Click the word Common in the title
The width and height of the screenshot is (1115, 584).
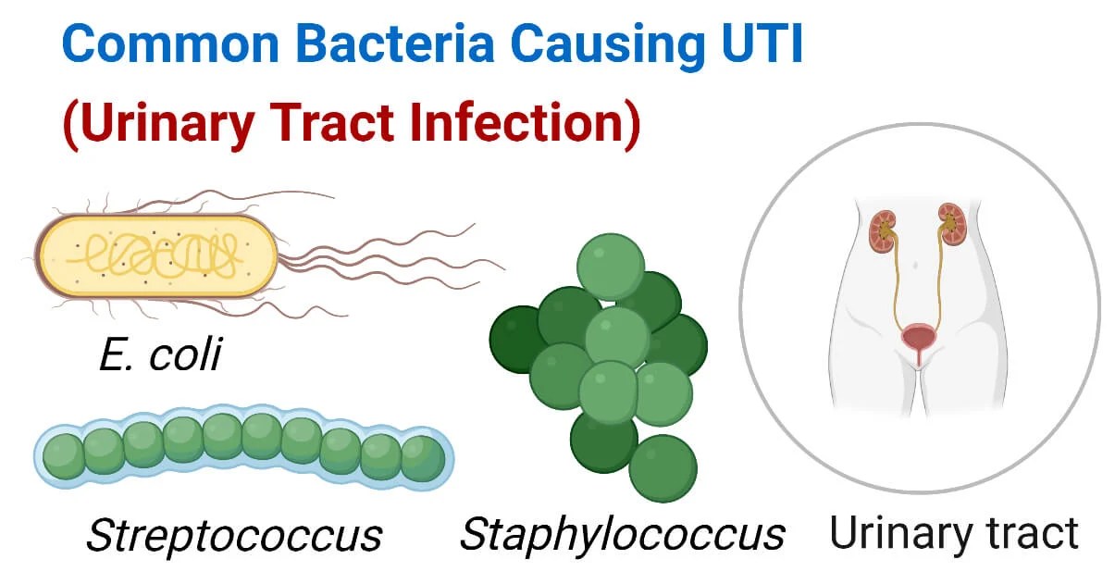tap(170, 44)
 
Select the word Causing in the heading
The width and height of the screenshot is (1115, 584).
tap(608, 48)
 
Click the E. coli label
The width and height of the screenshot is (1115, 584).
tap(161, 354)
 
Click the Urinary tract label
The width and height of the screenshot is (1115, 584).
tap(954, 535)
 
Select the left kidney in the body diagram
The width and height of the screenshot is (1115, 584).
tap(883, 231)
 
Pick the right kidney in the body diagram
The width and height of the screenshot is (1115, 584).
tap(952, 224)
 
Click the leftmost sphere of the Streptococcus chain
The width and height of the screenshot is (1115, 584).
tap(64, 456)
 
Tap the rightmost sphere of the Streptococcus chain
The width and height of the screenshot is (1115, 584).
tap(423, 458)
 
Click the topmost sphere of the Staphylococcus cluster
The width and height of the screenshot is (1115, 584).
tap(611, 267)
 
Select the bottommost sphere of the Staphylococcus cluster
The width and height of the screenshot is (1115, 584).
tap(663, 468)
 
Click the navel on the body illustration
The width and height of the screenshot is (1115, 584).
tap(915, 266)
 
